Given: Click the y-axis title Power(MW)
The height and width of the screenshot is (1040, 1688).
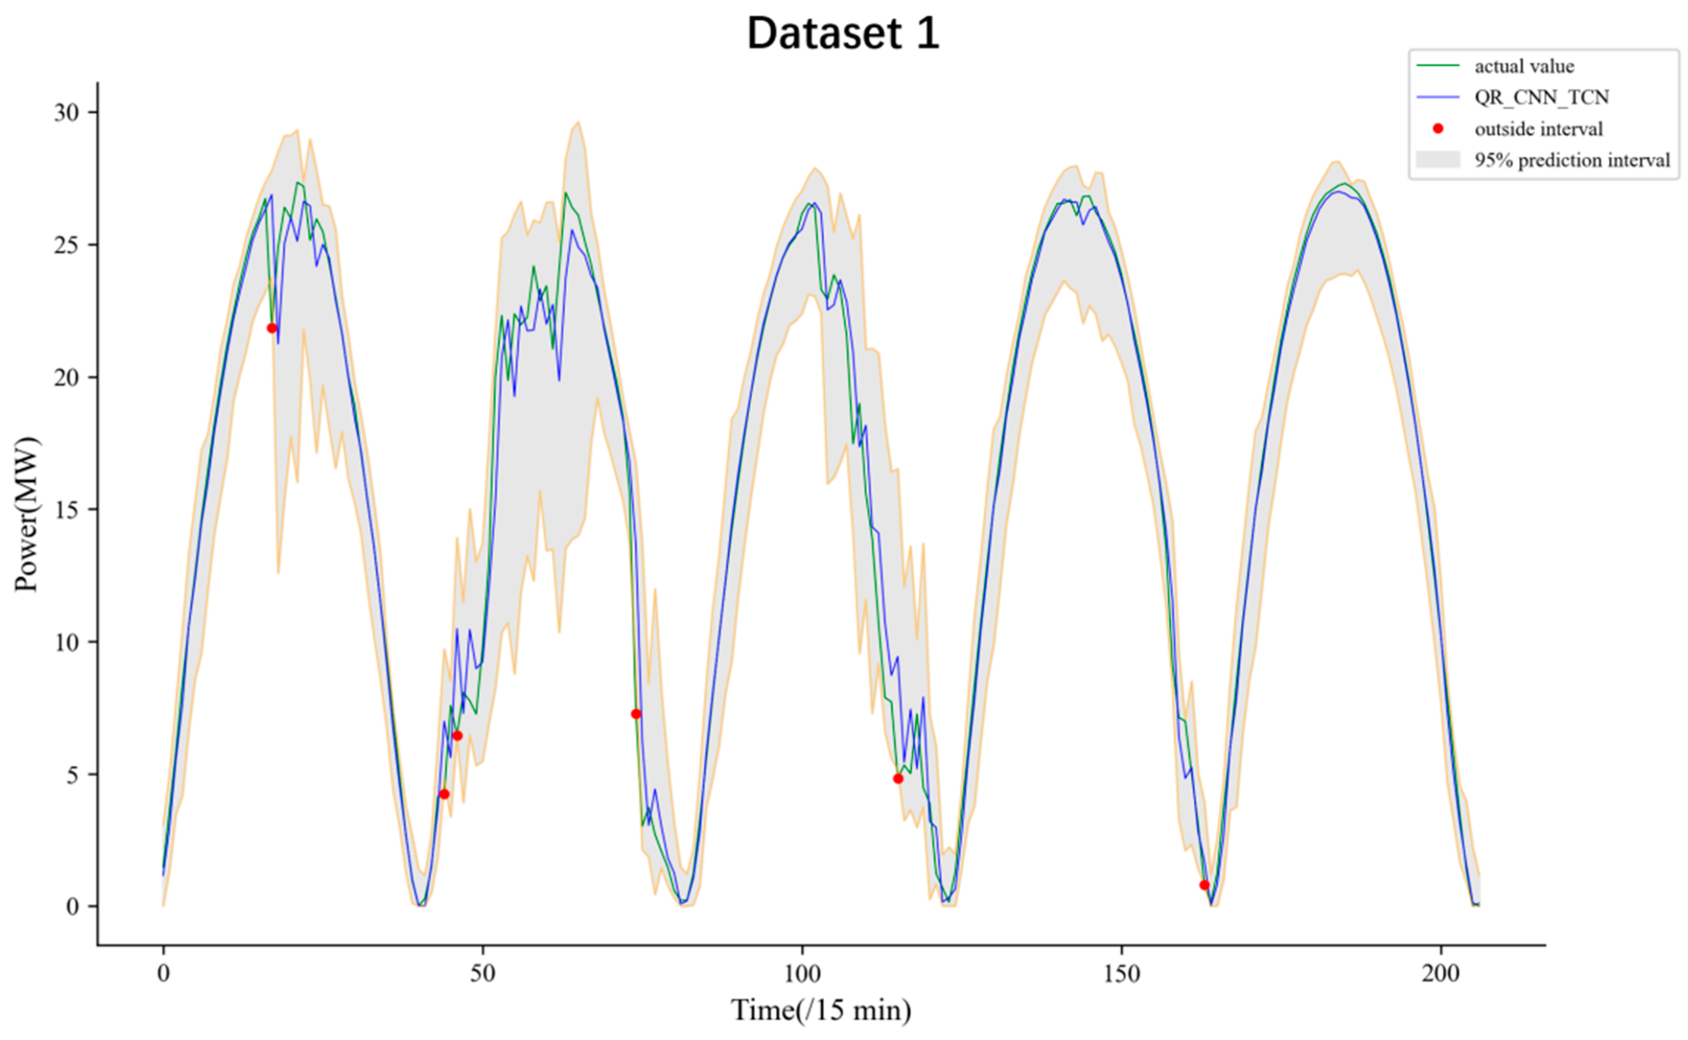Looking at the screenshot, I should tap(28, 514).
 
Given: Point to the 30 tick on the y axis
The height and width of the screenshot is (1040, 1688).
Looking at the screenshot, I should tap(67, 112).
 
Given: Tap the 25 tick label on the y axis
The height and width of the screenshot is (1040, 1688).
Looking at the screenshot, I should tap(67, 245).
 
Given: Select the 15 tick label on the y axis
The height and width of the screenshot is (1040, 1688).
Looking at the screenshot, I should tap(67, 510).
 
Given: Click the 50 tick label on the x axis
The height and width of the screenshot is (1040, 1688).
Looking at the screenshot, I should tap(483, 974).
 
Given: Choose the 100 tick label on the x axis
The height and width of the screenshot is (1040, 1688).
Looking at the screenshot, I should tap(802, 974).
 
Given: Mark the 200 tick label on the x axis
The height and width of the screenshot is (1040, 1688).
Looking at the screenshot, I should tap(1441, 974).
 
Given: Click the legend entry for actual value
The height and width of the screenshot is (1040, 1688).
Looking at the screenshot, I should tap(1523, 66).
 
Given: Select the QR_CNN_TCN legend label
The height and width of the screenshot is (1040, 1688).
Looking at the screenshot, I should tap(1541, 97).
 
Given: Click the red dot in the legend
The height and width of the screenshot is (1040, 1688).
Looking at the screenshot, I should tap(1438, 129).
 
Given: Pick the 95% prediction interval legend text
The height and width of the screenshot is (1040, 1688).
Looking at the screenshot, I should tap(1572, 160).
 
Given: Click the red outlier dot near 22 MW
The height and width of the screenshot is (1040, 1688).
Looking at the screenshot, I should tap(272, 328).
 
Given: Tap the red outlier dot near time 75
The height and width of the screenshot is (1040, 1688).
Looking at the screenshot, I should tap(637, 714).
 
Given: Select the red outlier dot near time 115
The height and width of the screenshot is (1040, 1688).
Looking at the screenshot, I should tap(898, 779).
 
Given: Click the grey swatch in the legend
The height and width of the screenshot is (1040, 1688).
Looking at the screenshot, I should tap(1438, 160).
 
